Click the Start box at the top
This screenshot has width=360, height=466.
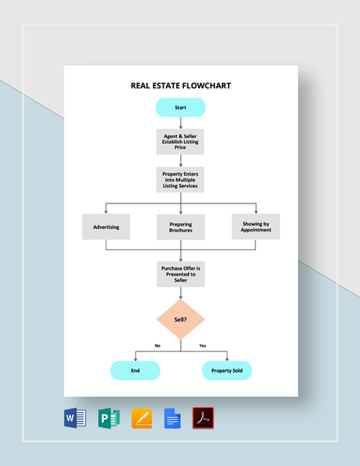coord(180,107)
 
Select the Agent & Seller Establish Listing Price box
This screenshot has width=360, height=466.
coord(180,141)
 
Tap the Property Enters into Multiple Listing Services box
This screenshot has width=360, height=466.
coord(180,179)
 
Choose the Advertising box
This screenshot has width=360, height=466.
coord(106,226)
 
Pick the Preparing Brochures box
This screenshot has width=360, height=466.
coord(180,226)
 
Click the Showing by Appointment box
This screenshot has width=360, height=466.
coord(255,226)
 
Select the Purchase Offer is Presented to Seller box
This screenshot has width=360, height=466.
coord(180,274)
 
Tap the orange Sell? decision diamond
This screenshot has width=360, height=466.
coord(180,319)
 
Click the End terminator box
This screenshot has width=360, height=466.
coord(135,370)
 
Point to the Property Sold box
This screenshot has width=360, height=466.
coord(227,370)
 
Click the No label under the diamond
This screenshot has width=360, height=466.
coord(157,346)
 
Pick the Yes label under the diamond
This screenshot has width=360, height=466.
coord(203,346)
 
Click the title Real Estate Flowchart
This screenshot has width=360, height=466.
coord(180,85)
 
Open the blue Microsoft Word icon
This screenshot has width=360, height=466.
coord(74,418)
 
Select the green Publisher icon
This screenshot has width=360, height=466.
coord(109,418)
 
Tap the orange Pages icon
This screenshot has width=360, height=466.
coord(142,418)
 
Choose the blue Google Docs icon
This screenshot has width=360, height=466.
coord(173,418)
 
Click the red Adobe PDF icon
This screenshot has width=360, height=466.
coord(203,418)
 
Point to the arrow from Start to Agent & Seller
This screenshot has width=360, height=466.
coord(180,123)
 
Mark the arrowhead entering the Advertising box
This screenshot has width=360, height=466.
coord(106,211)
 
